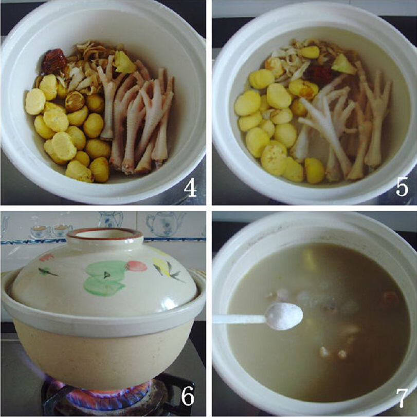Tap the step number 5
[402, 188]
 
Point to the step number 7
[402, 398]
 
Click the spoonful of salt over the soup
[285, 316]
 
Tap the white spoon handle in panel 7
[240, 319]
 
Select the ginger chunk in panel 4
[124, 62]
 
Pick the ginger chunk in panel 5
[343, 64]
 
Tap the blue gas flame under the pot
[99, 393]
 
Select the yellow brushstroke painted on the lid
[161, 266]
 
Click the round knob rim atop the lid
[105, 234]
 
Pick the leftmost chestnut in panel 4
[35, 102]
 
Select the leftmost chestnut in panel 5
[247, 103]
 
